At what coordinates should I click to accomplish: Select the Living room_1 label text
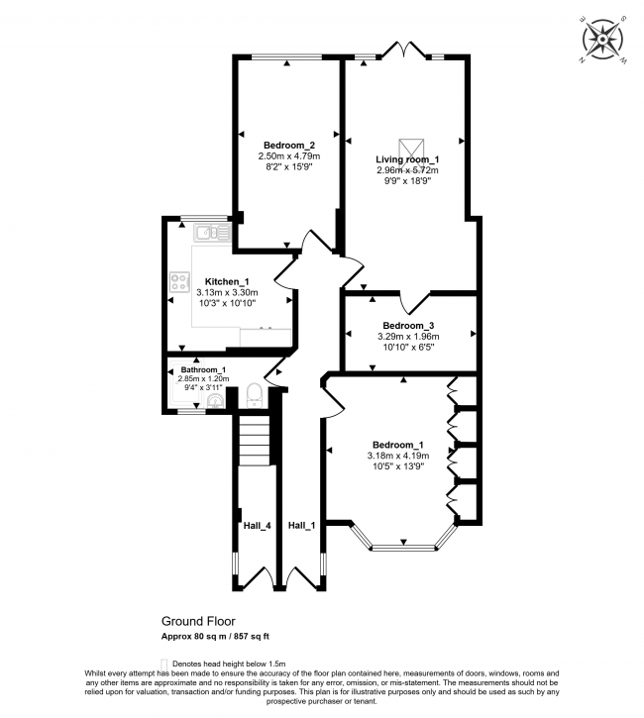click(406, 158)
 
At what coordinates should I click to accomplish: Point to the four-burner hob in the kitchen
click(181, 282)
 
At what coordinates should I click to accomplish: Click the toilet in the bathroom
click(254, 393)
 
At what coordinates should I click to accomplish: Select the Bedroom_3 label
click(408, 325)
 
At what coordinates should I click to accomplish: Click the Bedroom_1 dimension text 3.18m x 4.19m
click(398, 456)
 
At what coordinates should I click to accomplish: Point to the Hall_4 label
click(257, 525)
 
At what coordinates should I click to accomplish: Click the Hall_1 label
click(301, 525)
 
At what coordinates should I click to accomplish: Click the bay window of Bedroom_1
click(404, 544)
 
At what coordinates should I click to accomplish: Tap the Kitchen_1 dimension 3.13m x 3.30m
click(226, 292)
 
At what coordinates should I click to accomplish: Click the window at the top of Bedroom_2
click(286, 56)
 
